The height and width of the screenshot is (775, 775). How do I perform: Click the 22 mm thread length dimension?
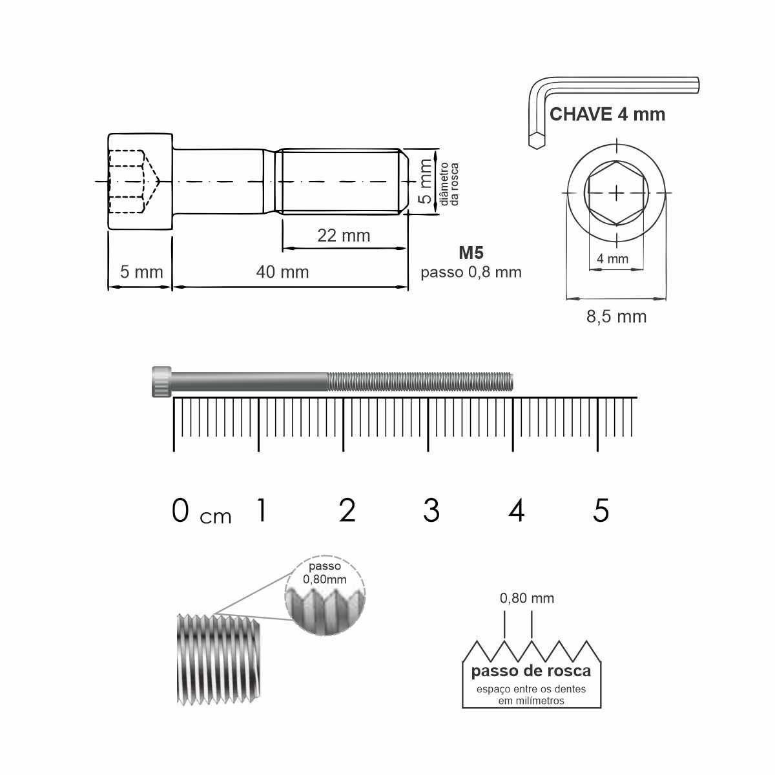tap(344, 236)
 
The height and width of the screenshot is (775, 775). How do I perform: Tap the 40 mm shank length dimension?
tap(282, 273)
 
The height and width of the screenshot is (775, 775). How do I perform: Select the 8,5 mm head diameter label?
tap(616, 317)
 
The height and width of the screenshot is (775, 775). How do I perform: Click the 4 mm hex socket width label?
tap(612, 258)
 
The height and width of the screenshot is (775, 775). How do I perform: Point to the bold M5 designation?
tap(471, 253)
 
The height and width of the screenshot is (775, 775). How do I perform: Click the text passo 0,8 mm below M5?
tap(471, 273)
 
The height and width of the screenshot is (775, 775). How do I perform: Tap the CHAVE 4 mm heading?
tap(607, 114)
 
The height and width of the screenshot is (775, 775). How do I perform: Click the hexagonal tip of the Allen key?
tap(536, 141)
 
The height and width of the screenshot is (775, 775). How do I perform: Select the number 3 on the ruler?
tap(431, 510)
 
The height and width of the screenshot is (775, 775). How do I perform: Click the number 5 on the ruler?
tap(601, 510)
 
